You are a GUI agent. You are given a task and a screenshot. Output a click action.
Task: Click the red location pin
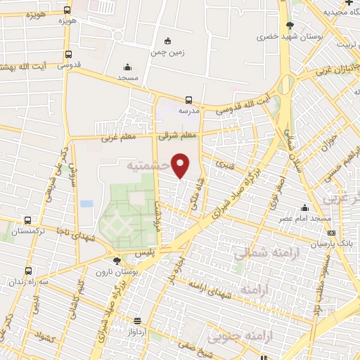point(181,165)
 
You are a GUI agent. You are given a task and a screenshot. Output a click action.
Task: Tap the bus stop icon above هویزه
point(67,11)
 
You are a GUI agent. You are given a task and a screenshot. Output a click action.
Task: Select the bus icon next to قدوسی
point(68,54)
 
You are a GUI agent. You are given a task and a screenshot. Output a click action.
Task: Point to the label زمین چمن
point(167,52)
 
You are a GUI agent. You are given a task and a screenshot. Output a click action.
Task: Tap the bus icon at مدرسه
point(188,100)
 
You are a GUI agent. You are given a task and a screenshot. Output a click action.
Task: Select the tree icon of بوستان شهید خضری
point(290,26)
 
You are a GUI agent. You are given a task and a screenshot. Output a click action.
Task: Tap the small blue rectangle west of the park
point(86,203)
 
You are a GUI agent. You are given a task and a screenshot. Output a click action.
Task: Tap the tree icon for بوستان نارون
point(117,261)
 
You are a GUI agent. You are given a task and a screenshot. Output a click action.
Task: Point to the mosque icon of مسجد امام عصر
point(304,208)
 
